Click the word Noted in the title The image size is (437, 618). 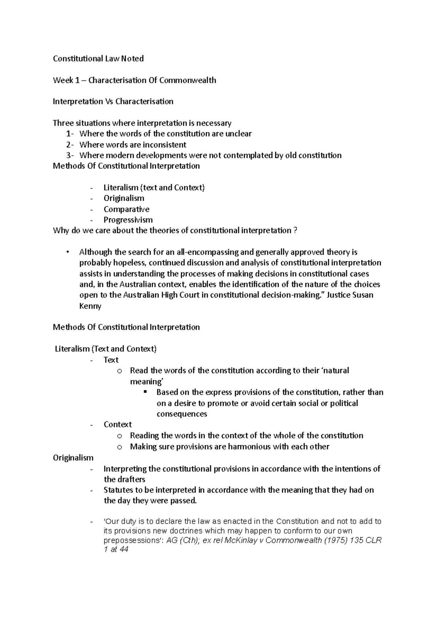pyautogui.click(x=133, y=59)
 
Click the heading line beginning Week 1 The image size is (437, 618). pyautogui.click(x=134, y=80)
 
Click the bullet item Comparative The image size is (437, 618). pyautogui.click(x=126, y=209)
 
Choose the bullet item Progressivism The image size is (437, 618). pyautogui.click(x=128, y=220)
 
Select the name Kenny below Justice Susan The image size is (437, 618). pyautogui.click(x=90, y=306)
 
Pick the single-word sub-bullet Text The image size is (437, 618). pyautogui.click(x=111, y=360)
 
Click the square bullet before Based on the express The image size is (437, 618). pyautogui.click(x=145, y=392)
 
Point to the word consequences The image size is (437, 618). pyautogui.click(x=182, y=414)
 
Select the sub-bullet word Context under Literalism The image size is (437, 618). pyautogui.click(x=118, y=424)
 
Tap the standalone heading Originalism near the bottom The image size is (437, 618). pyautogui.click(x=73, y=457)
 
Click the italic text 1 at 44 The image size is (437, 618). pyautogui.click(x=116, y=550)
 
